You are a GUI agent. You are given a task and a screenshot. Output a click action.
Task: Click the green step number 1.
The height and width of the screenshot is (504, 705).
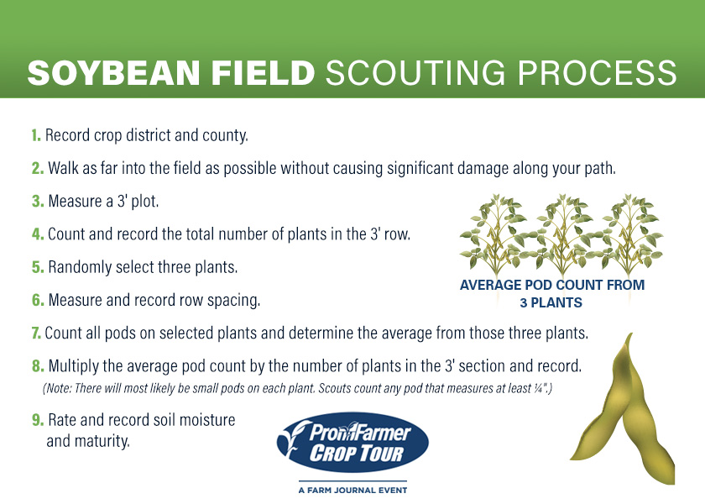click(36, 134)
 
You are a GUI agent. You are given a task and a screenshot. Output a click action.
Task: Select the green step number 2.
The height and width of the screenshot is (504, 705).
click(38, 168)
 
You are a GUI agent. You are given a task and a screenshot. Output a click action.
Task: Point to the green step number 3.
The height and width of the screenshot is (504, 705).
click(38, 202)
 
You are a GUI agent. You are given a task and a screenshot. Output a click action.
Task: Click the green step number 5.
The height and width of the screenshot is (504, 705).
click(38, 267)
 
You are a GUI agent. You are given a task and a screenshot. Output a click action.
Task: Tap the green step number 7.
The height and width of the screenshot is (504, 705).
click(36, 333)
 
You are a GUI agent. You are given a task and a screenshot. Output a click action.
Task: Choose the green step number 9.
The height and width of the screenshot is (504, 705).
click(38, 419)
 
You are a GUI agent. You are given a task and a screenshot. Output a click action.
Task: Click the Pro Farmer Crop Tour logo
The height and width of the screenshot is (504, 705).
click(352, 443)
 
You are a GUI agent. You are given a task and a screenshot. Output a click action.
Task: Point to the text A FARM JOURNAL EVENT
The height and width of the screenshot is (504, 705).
click(352, 489)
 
